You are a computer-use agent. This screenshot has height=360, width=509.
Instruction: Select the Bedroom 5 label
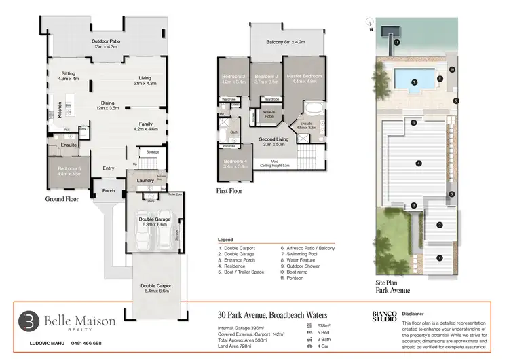point(69,171)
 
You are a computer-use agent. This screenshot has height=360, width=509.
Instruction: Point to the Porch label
point(109,190)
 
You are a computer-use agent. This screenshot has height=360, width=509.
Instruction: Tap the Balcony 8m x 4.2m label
point(285,42)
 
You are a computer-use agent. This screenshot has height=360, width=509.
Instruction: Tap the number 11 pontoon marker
point(398,42)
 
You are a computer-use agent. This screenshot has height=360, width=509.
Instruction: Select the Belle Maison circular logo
point(28,321)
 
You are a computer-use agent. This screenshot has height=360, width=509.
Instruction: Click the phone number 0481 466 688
point(83,343)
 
